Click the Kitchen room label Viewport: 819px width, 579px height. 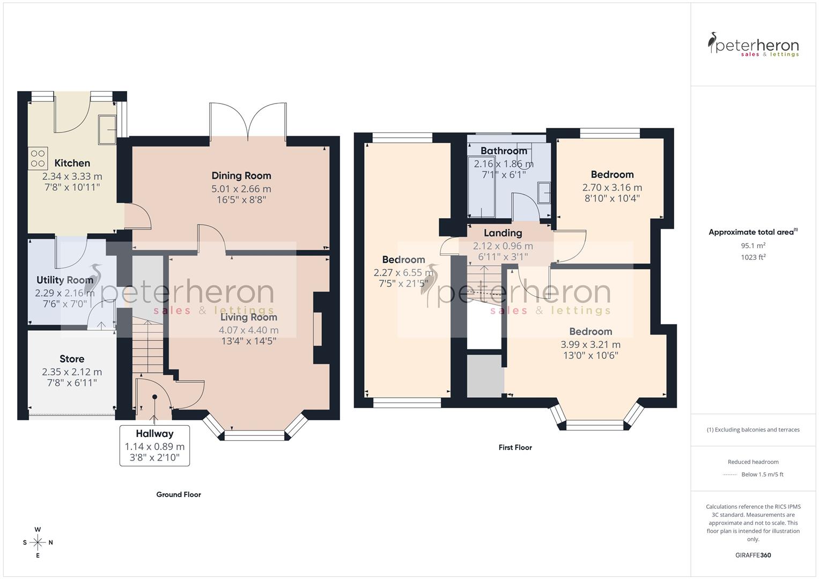pyautogui.click(x=72, y=163)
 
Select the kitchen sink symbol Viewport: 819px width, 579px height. pyautogui.click(x=107, y=130)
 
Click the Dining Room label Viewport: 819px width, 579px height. pyautogui.click(x=241, y=175)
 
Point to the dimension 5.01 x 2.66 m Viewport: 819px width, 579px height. pyautogui.click(x=241, y=189)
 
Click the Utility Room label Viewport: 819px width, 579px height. pyautogui.click(x=65, y=280)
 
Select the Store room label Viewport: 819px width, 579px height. pyautogui.click(x=72, y=359)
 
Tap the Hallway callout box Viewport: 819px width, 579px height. pyautogui.click(x=154, y=446)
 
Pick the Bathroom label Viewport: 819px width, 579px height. pyautogui.click(x=504, y=151)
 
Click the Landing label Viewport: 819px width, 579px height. pyautogui.click(x=503, y=233)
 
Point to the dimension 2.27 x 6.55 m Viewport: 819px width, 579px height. pyautogui.click(x=403, y=272)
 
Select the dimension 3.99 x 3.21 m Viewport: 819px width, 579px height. pyautogui.click(x=591, y=345)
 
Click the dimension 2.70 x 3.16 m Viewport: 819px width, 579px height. pyautogui.click(x=612, y=188)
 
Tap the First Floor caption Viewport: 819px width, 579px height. pyautogui.click(x=515, y=447)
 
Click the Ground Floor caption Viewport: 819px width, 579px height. pyautogui.click(x=179, y=494)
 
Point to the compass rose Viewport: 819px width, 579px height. pyautogui.click(x=38, y=543)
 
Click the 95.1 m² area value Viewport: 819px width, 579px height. pyautogui.click(x=753, y=246)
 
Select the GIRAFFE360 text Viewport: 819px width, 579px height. pyautogui.click(x=753, y=555)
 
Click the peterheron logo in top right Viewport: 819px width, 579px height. pyautogui.click(x=753, y=45)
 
